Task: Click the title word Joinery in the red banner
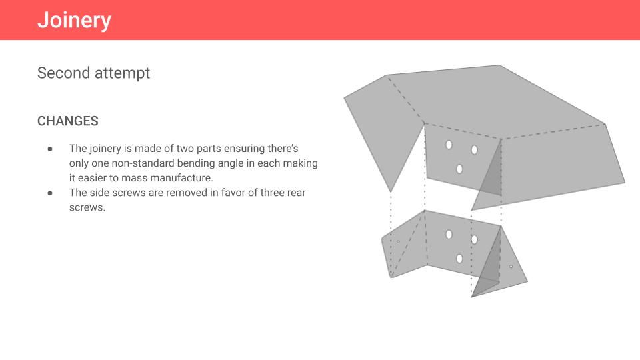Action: click(74, 20)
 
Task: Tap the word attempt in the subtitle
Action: click(122, 73)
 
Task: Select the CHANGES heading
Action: click(68, 121)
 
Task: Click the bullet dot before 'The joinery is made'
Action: click(50, 148)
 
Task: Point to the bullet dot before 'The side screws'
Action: click(50, 193)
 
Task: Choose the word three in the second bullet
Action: click(273, 193)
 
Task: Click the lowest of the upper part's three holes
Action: click(459, 169)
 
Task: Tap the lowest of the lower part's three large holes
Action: click(459, 259)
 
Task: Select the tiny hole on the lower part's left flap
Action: click(399, 241)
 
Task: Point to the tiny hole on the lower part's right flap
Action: click(511, 267)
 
